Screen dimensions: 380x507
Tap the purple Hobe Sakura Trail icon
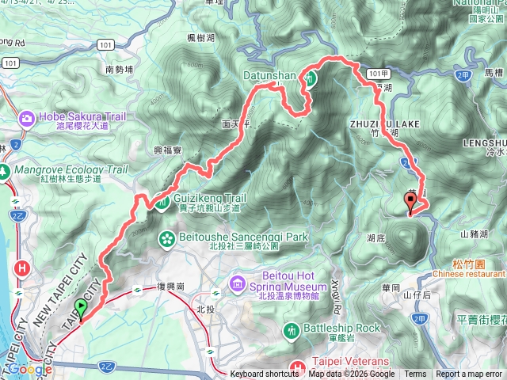tap(27, 118)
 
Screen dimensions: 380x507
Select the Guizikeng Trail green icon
tap(162, 203)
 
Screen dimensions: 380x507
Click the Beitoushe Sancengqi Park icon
tap(167, 237)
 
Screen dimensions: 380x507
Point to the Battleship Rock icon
tap(292, 328)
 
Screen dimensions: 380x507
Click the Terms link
tap(415, 374)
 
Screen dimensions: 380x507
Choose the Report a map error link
tap(469, 374)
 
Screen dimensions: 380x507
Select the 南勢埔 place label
tap(120, 70)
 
